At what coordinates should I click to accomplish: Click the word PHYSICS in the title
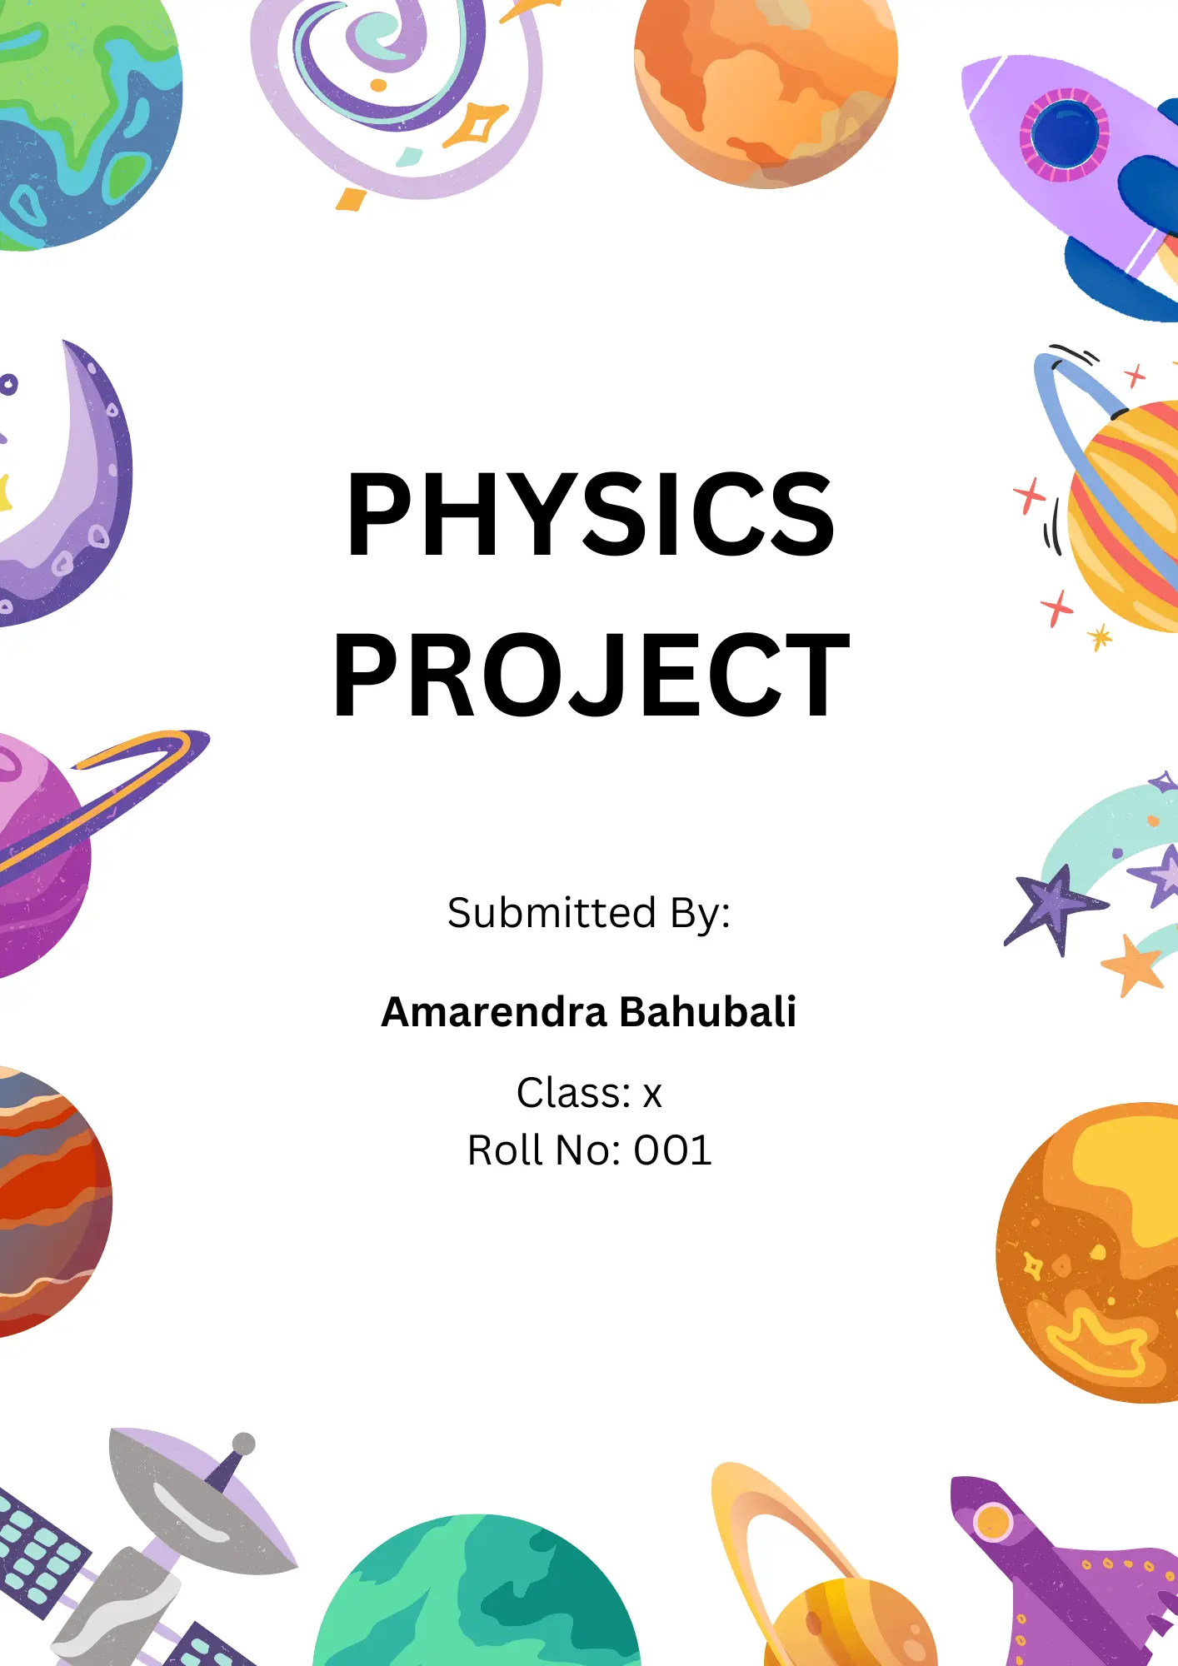(x=590, y=513)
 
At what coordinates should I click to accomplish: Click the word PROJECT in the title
(x=591, y=674)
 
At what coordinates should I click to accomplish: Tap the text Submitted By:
(x=588, y=913)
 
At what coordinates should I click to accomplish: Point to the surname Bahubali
(x=707, y=1011)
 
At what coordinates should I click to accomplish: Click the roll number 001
(x=672, y=1150)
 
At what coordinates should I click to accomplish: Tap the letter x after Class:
(x=652, y=1096)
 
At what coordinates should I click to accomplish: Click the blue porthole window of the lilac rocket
(x=1065, y=134)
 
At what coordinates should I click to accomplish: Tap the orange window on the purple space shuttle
(x=992, y=1522)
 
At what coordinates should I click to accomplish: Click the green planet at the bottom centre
(x=477, y=1595)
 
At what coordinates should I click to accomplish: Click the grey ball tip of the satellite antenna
(x=243, y=1444)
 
